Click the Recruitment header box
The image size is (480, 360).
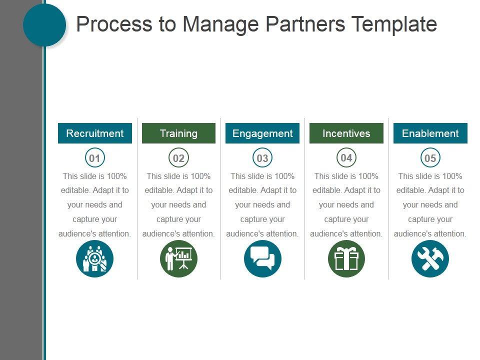[95, 133]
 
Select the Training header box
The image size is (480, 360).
[178, 133]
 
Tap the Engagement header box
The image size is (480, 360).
[262, 133]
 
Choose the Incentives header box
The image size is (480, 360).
[346, 133]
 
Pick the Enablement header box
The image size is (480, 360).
[430, 133]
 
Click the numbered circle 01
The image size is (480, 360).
[94, 158]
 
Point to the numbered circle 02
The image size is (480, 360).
[178, 158]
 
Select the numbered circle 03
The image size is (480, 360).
[262, 158]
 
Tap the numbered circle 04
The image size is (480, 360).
[346, 158]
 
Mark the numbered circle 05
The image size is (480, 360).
[430, 158]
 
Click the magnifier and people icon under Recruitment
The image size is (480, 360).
[94, 259]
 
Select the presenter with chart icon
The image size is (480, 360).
[178, 259]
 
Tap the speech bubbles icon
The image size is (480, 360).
[262, 259]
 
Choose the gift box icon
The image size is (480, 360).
[346, 259]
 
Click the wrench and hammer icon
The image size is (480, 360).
[430, 259]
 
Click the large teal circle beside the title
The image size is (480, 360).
[44, 25]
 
